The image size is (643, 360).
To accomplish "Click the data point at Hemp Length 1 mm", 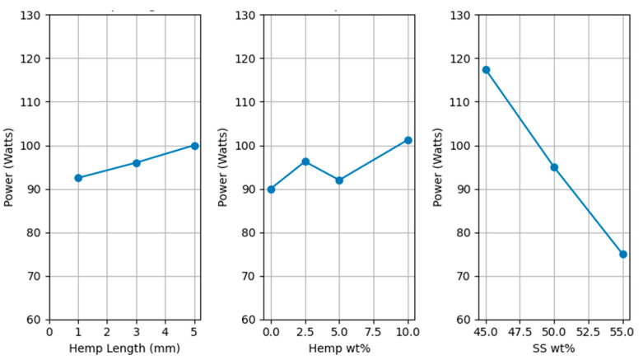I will coord(78,178).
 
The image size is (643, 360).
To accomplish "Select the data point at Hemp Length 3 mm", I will coord(137,163).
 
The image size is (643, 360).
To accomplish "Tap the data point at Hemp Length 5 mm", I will coord(195,146).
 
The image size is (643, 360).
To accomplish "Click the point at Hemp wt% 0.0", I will coord(271,189).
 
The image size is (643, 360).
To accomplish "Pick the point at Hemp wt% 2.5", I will coord(305,161).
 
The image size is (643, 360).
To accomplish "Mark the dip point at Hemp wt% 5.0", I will coord(339,180).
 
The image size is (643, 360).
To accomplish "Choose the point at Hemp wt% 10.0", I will coord(408,140).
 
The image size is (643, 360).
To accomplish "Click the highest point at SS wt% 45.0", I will coord(486,70).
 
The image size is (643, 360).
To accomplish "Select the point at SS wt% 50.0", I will coord(554,167).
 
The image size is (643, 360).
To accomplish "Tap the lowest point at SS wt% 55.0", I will coord(622,255).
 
